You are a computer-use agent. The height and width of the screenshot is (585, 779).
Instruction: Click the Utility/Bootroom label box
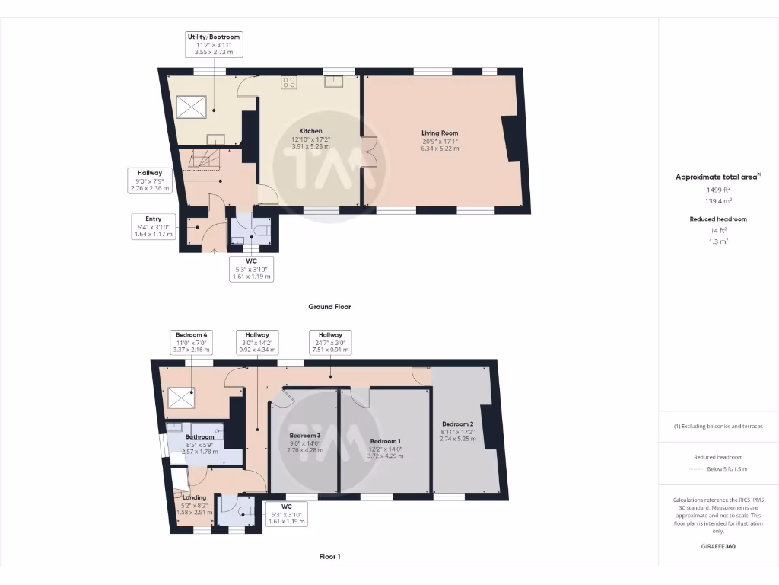tap(214, 43)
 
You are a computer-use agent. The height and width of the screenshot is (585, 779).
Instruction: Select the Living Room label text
tap(440, 133)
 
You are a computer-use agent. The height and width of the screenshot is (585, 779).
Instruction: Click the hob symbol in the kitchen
tap(289, 82)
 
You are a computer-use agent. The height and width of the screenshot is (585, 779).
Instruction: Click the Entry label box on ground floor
tap(154, 226)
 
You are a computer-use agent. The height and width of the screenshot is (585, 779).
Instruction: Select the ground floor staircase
tap(204, 159)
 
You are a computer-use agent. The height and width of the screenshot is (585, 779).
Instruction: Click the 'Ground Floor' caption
tap(329, 307)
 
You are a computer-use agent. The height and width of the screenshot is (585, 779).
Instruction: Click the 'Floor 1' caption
tap(329, 557)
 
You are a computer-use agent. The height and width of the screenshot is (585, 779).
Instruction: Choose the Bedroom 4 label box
tap(191, 343)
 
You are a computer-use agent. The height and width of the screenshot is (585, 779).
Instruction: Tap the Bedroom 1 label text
tap(385, 441)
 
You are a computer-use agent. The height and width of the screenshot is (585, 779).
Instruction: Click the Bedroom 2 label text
tap(458, 424)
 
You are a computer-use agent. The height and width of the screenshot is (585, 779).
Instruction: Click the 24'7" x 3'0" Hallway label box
tap(330, 343)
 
